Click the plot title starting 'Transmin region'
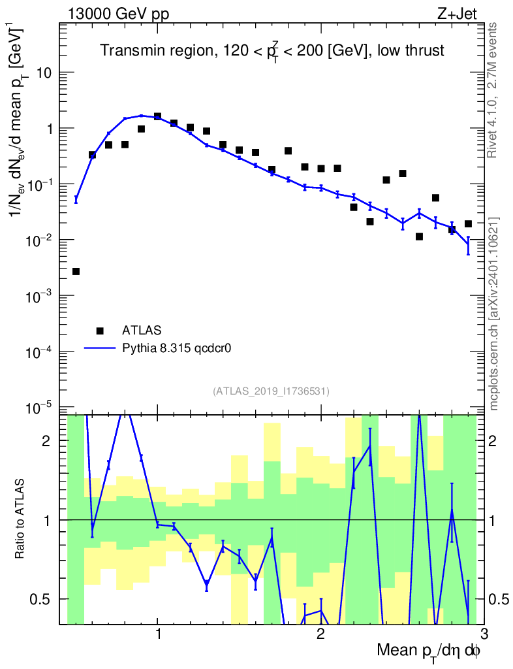click(x=272, y=50)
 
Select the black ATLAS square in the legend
click(x=100, y=330)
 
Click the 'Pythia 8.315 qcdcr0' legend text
click(x=178, y=348)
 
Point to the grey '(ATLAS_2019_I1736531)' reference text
click(x=271, y=391)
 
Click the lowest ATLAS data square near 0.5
click(x=76, y=271)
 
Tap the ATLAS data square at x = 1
click(x=157, y=116)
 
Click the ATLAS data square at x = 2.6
click(x=419, y=237)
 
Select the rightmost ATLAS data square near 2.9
click(x=468, y=224)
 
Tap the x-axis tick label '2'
click(x=320, y=634)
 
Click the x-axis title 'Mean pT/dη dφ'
click(x=428, y=651)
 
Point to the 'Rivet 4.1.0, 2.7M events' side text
click(x=493, y=90)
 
